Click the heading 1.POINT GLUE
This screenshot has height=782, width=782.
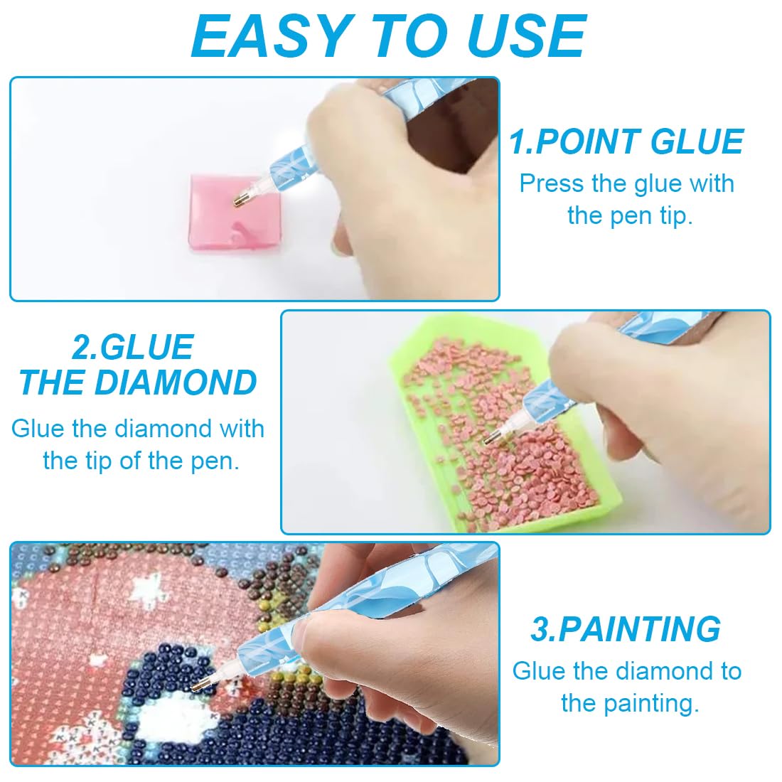tap(626, 141)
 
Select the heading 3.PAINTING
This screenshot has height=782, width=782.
tap(626, 629)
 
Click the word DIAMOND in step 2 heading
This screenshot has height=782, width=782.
tap(176, 382)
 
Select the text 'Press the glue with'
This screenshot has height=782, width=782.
tap(626, 183)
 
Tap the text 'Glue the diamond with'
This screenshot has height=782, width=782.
tap(138, 429)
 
